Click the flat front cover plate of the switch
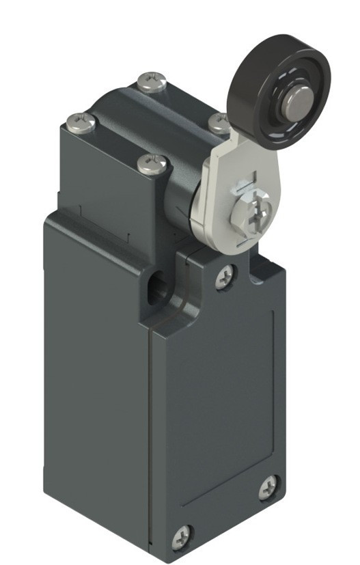(219, 403)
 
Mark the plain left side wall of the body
(96, 383)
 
